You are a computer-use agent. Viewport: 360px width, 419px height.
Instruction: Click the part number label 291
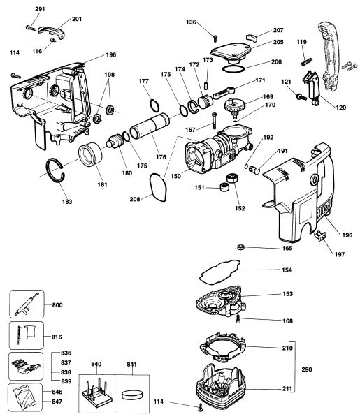40,9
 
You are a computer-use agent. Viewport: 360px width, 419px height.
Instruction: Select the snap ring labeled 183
51,177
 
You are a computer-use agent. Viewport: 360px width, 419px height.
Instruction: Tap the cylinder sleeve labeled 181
90,154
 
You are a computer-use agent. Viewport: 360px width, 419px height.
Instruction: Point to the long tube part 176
150,126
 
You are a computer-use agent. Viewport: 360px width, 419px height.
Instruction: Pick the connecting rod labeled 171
224,93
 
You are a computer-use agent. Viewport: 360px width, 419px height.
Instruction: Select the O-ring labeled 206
233,69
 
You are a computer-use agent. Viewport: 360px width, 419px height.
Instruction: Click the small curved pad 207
252,38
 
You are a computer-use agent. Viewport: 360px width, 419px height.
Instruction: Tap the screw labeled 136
215,38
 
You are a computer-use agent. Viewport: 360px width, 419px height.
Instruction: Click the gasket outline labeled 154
220,272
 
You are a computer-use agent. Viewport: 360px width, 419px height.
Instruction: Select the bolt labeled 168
238,318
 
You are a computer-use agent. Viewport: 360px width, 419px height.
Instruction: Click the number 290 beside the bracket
306,369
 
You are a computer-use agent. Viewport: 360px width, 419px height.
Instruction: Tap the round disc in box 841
132,395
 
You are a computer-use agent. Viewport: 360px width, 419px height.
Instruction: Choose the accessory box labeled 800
27,304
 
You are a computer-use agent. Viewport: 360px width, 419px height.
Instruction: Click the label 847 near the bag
57,402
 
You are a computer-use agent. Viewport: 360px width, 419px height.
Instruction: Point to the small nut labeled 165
241,247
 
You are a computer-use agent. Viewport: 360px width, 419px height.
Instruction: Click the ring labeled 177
154,106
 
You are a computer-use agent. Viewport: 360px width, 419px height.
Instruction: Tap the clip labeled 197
320,235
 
